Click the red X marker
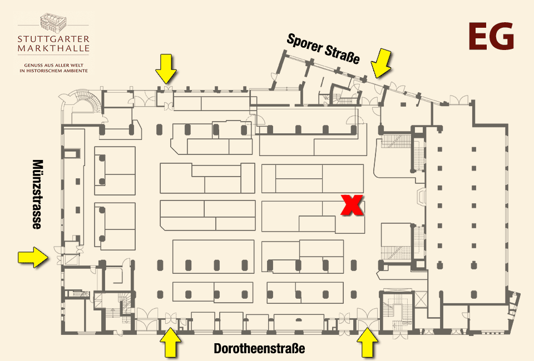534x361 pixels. [x=352, y=205]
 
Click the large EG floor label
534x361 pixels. [x=491, y=36]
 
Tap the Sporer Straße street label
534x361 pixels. [x=323, y=49]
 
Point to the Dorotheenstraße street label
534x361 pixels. [x=259, y=348]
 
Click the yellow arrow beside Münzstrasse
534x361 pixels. [x=33, y=257]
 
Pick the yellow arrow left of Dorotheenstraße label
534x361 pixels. [x=170, y=343]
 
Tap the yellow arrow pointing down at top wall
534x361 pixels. [x=166, y=69]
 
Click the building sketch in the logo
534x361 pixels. [x=53, y=22]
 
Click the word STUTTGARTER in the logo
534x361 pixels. [x=53, y=39]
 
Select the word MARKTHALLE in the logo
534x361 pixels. [x=53, y=48]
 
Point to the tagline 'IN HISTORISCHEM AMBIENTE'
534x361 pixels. [x=53, y=71]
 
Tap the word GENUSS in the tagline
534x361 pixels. [x=32, y=66]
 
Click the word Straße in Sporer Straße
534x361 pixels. [x=342, y=54]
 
